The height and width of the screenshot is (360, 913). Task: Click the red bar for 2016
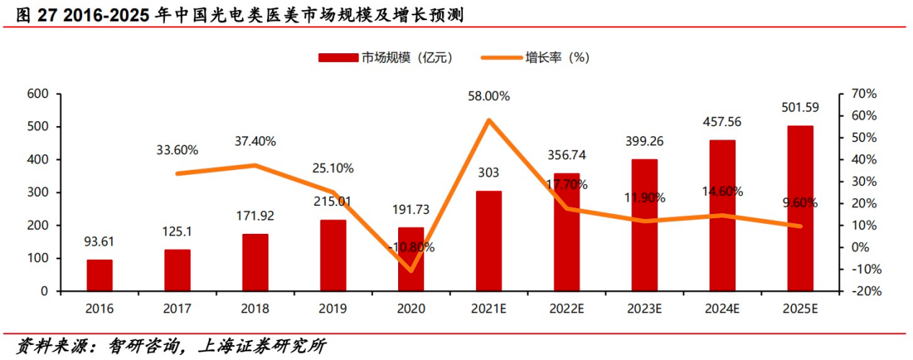coord(99,275)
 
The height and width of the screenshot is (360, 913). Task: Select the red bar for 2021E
coord(489,240)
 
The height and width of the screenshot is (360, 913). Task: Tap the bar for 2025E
coord(800,208)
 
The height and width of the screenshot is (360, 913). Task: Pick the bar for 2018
coord(255,262)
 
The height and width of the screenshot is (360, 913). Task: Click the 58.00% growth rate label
coord(489,96)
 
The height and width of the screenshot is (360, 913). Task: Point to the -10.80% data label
coord(411,247)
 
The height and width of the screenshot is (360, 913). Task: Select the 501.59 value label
coord(800,108)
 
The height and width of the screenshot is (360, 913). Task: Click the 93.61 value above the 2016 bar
coord(99,242)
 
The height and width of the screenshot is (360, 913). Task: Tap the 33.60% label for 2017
coord(177,150)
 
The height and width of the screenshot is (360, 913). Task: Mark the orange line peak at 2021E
coord(489,120)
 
